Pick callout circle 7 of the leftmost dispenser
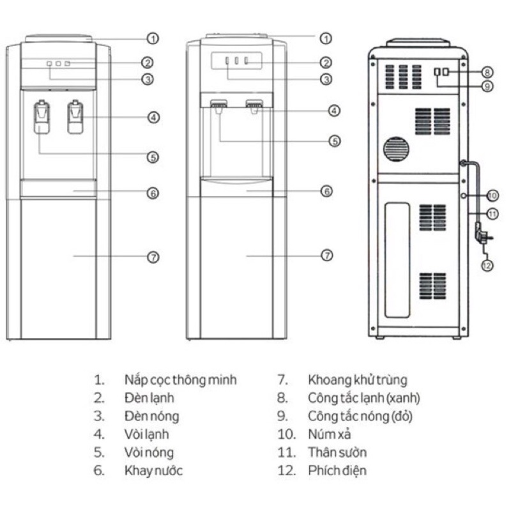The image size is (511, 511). pyautogui.click(x=153, y=256)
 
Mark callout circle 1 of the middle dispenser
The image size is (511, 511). pyautogui.click(x=326, y=38)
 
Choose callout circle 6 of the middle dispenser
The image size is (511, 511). pyautogui.click(x=326, y=190)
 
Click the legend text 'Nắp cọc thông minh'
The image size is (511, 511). pyautogui.click(x=180, y=380)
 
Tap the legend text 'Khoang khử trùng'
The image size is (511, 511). pyautogui.click(x=357, y=380)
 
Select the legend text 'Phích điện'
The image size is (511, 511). pyautogui.click(x=337, y=471)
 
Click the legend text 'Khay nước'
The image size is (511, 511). pyautogui.click(x=153, y=471)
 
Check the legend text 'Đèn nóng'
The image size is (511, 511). pyautogui.click(x=151, y=416)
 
